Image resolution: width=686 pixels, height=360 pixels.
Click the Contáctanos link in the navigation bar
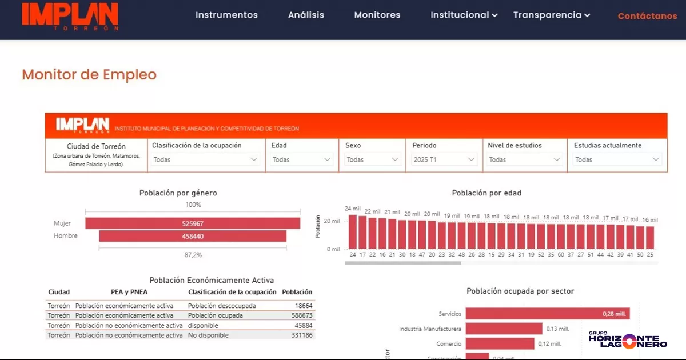click(x=647, y=16)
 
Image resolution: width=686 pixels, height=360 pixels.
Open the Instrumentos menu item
click(x=226, y=15)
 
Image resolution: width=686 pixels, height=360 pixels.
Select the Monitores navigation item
click(x=377, y=15)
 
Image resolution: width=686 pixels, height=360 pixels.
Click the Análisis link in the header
click(x=306, y=15)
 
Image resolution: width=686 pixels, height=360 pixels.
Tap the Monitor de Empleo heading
click(x=89, y=74)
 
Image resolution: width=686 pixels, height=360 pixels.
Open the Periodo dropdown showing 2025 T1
click(x=444, y=160)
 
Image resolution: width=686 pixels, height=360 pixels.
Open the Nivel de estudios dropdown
click(x=525, y=160)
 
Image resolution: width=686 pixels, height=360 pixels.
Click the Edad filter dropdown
click(x=301, y=160)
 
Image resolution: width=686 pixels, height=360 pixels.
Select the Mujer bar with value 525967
click(x=193, y=223)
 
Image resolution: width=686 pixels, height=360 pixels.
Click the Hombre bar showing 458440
click(x=193, y=236)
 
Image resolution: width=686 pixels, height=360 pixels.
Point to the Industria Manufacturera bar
click(x=504, y=329)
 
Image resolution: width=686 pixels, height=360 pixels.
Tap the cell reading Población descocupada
click(x=222, y=306)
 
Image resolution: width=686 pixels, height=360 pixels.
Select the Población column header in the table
click(x=297, y=292)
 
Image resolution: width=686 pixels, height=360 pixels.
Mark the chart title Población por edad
click(x=486, y=193)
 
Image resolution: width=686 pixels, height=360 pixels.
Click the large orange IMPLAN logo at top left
click(x=70, y=15)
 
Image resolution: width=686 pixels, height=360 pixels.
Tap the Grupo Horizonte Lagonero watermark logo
click(x=627, y=340)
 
